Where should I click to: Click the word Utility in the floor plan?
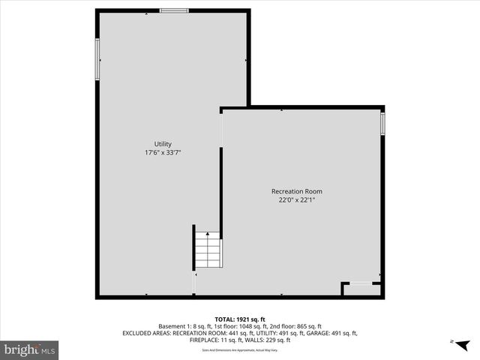(x=163, y=144)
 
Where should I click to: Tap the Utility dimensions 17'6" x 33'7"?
(x=163, y=152)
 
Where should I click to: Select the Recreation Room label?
(x=297, y=191)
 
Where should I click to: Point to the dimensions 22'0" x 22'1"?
(x=297, y=199)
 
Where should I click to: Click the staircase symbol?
(x=208, y=250)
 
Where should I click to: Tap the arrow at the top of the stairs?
(x=208, y=235)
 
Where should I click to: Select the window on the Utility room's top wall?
(x=174, y=10)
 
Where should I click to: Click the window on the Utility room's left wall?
(x=97, y=58)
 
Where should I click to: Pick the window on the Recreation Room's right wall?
(x=382, y=123)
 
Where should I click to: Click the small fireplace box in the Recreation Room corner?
(x=361, y=288)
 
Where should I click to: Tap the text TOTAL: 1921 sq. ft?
(x=240, y=319)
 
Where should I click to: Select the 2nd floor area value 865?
(x=297, y=326)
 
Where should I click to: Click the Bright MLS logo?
(x=30, y=349)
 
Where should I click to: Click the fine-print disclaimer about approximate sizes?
(x=240, y=350)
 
